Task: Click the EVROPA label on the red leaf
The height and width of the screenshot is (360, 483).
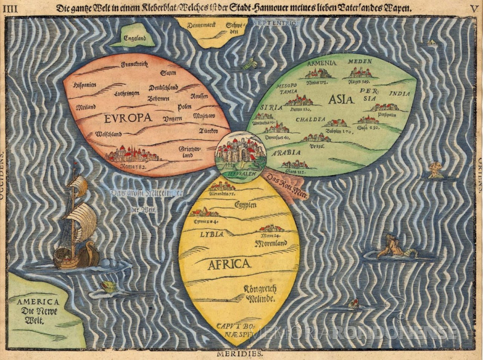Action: (127, 118)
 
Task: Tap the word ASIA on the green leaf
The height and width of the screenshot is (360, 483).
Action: (342, 99)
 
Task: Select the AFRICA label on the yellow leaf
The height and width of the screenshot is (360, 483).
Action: (229, 264)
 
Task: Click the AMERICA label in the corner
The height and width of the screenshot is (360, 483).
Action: (37, 302)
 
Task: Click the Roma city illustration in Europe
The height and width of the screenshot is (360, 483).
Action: (133, 154)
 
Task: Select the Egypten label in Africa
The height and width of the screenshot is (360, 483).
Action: (245, 204)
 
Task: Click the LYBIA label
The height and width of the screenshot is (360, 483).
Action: (211, 234)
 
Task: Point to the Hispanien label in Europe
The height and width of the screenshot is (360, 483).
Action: (85, 85)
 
